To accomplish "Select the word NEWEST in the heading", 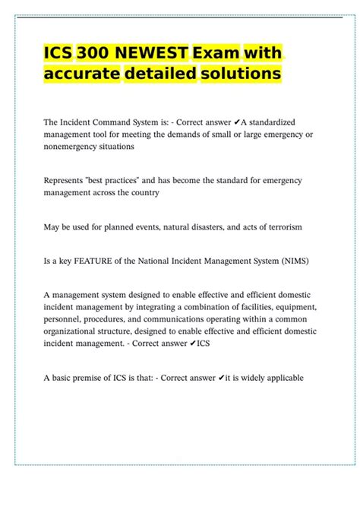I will pos(150,53).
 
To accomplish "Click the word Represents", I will pos(65,180).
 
